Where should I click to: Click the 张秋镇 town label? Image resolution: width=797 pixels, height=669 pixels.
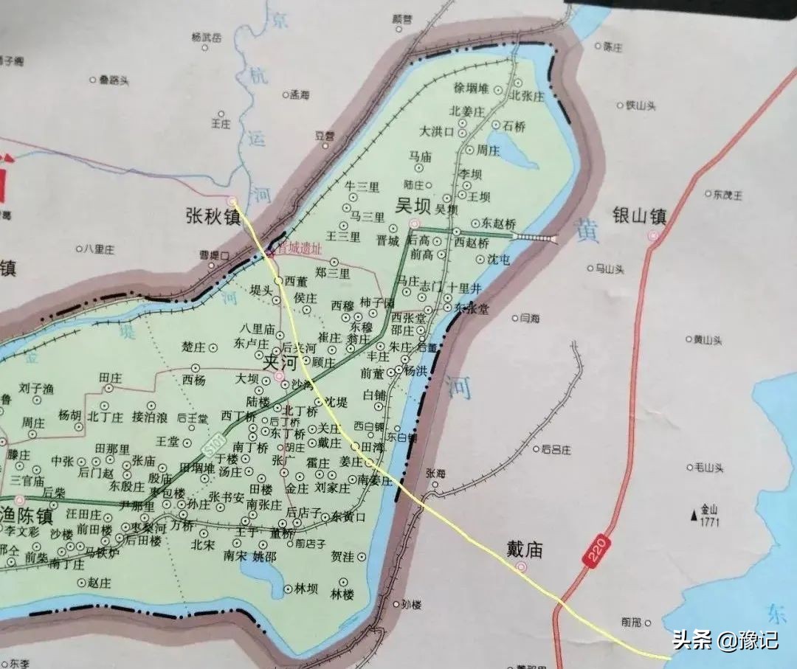coord(213,216)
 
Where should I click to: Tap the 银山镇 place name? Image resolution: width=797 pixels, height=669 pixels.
coord(640,216)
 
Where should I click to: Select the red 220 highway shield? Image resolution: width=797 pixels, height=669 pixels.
coord(596,550)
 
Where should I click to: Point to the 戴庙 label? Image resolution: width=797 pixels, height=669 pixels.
coord(525,550)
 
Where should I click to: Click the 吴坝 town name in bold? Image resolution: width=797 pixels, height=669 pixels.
coord(412,206)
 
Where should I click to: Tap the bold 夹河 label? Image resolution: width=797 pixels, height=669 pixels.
coord(280,363)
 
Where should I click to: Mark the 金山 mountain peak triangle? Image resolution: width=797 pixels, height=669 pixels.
coord(693,514)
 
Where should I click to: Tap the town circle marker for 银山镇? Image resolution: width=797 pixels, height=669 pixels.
coord(653,235)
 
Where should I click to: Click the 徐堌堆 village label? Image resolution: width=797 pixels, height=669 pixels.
coord(472,89)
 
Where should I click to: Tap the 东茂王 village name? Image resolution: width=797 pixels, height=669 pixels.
coord(728,195)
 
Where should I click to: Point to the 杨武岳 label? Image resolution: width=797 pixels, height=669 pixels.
coord(206,37)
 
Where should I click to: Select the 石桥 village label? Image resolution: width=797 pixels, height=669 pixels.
coord(514,126)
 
